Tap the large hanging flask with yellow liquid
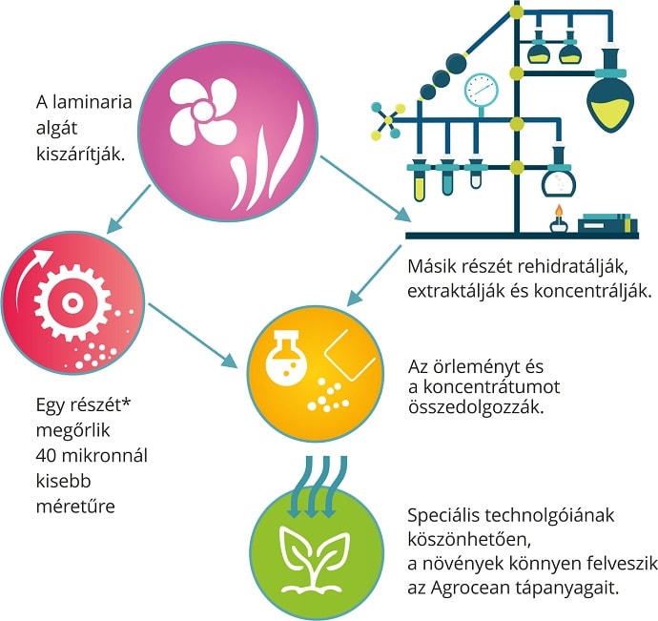coord(611,104)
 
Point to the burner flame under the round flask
coord(555,213)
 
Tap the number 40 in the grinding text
coord(44,454)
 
